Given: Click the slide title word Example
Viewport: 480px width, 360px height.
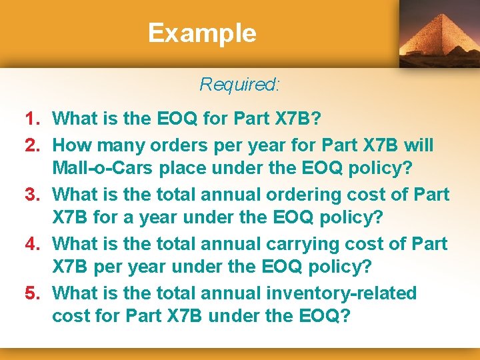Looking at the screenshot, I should [202, 33].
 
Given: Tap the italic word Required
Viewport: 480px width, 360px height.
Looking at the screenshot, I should [239, 85].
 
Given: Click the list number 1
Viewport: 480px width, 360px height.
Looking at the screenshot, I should [34, 119].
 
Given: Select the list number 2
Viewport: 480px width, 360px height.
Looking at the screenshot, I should [34, 145].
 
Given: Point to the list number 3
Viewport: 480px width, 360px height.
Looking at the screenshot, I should [34, 195].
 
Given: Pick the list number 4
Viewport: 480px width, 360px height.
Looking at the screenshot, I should [34, 244].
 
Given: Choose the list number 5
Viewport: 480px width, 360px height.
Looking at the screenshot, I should [34, 293].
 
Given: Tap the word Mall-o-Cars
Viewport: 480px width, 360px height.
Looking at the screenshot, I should [103, 169].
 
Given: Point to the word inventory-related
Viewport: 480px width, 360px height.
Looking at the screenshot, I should [339, 293].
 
